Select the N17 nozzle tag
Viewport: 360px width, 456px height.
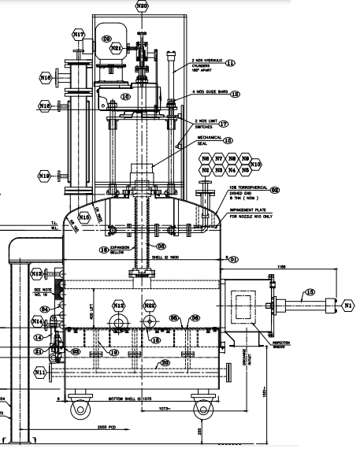(x=78, y=35)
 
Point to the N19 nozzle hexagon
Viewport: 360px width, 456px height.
(x=46, y=175)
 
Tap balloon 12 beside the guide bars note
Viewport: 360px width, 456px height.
(x=235, y=94)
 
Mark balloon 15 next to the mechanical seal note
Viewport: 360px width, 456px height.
(x=228, y=140)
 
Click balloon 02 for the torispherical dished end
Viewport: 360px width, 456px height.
(x=275, y=189)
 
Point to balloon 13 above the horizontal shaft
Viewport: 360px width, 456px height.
(x=310, y=292)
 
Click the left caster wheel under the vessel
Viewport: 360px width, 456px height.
(x=79, y=410)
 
